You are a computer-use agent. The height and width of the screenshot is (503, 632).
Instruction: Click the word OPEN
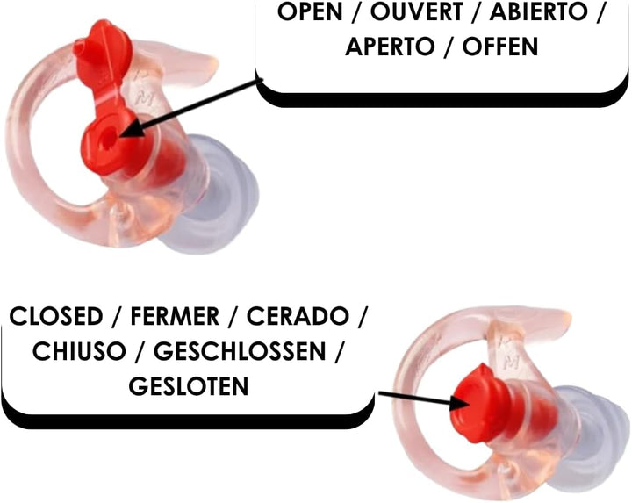coord(310,11)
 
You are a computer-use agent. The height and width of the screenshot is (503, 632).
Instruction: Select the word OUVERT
coord(416,11)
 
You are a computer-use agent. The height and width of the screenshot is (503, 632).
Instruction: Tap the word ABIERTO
coord(539,11)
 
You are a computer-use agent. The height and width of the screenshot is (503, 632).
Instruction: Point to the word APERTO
coord(390,47)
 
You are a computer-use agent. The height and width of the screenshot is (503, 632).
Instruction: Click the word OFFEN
coord(500,47)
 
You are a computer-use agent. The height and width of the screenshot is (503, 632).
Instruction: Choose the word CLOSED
coord(56,316)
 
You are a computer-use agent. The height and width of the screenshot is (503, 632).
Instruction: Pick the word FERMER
coord(175,316)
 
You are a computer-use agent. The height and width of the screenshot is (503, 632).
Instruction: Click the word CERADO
coord(298,316)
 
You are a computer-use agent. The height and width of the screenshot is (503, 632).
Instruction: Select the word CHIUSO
coord(79,351)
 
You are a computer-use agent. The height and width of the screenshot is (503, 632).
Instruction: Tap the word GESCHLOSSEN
coord(240,351)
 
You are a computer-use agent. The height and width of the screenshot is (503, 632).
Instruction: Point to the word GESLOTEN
coord(189,386)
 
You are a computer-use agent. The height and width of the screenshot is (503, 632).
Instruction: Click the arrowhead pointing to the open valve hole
coord(130,132)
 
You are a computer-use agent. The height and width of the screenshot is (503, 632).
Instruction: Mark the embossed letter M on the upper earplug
coord(141,98)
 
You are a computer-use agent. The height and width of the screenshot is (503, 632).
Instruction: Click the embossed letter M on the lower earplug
coord(512,363)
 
